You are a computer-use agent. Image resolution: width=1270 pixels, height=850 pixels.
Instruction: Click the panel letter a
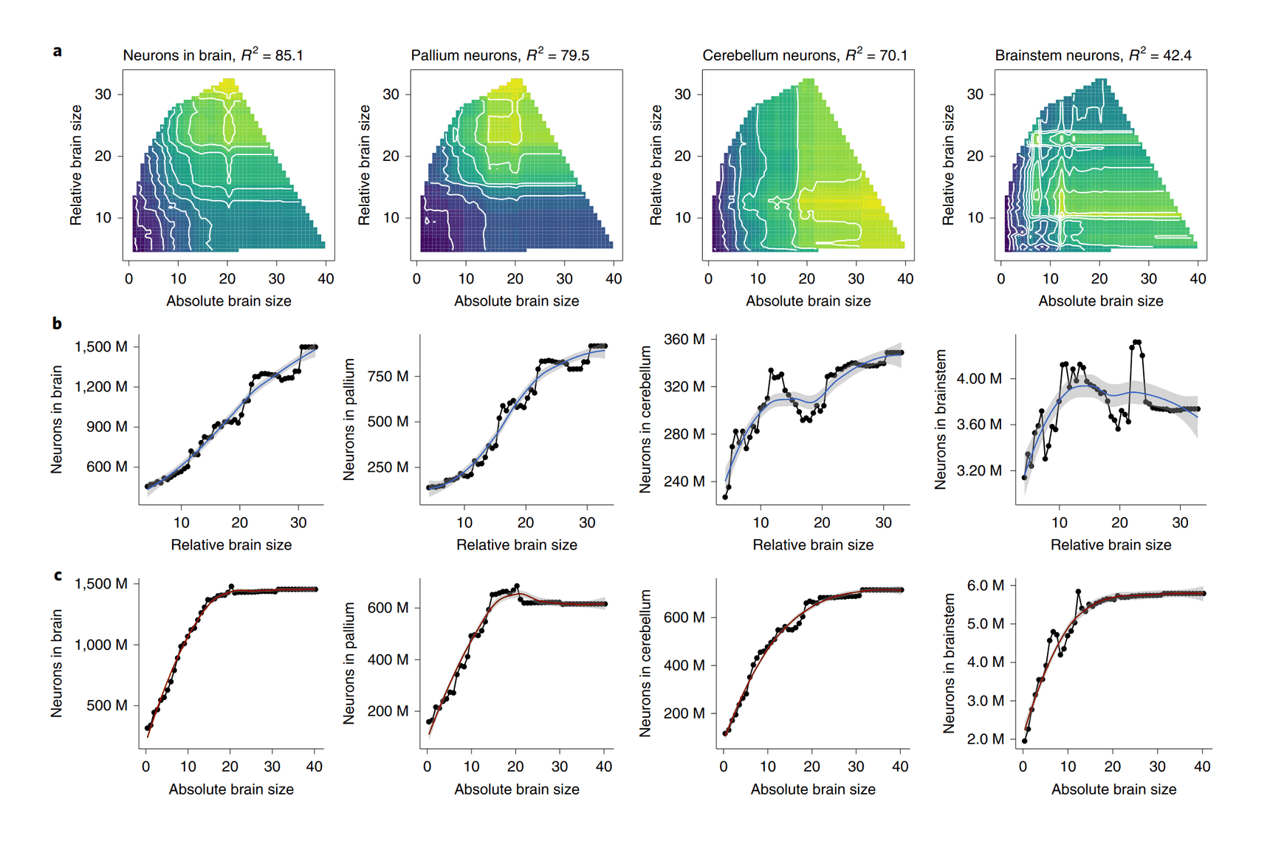[x=57, y=51]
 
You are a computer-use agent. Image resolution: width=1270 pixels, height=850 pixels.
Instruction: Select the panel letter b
[x=57, y=323]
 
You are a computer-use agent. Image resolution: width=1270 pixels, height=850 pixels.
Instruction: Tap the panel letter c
[x=57, y=575]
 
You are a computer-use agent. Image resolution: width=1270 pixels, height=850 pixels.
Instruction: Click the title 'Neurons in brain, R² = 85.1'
[x=213, y=55]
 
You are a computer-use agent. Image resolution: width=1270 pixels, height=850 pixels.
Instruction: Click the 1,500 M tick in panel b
[x=101, y=346]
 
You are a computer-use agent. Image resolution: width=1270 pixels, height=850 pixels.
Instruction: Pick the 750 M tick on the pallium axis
[x=388, y=376]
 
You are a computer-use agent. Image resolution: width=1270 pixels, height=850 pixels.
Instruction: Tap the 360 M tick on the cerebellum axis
[x=684, y=339]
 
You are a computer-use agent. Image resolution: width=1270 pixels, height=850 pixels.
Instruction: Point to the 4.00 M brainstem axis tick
[x=979, y=378]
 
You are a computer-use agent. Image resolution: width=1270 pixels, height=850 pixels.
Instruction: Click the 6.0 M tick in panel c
[x=986, y=585]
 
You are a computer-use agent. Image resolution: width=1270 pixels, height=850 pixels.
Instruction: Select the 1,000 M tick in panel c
[x=101, y=645]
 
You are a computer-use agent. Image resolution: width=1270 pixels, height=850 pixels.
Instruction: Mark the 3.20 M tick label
[x=979, y=470]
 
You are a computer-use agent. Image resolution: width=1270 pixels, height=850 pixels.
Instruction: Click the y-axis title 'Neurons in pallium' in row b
[x=349, y=419]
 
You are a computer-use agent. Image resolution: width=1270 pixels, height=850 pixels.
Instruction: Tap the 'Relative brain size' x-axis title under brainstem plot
[x=1111, y=545]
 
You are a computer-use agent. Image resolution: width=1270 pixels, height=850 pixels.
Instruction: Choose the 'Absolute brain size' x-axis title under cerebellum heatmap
[x=808, y=301]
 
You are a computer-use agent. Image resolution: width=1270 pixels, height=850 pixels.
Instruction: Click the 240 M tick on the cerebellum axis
[x=684, y=481]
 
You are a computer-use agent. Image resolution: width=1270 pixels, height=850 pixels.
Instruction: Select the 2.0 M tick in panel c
[x=986, y=738]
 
